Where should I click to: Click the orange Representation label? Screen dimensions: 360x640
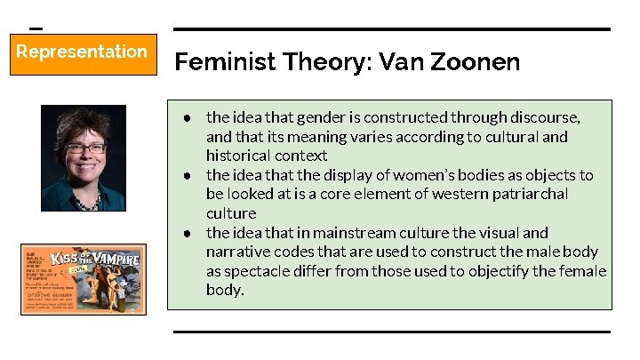point(82,52)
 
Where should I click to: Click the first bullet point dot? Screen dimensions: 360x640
point(189,117)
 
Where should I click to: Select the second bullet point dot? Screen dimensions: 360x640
point(189,175)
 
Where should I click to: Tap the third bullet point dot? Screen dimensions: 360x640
point(189,233)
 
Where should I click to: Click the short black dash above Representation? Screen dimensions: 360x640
point(36,28)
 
